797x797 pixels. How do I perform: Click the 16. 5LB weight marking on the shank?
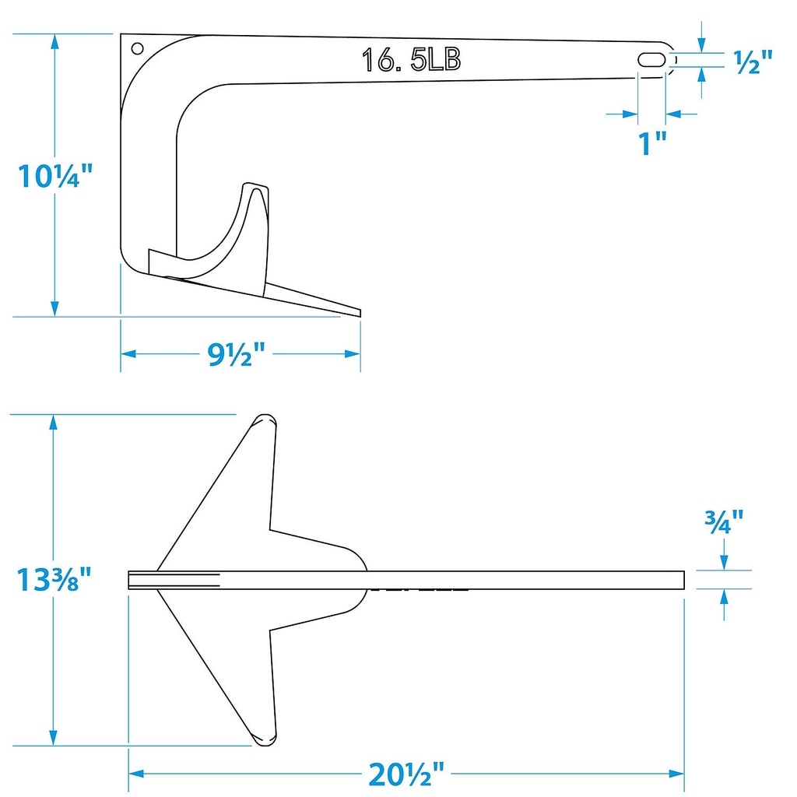point(411,60)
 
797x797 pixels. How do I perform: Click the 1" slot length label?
point(651,143)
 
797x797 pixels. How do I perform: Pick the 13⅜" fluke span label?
point(54,580)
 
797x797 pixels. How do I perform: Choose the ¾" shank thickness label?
point(725,519)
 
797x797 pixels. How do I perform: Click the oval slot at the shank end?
point(652,60)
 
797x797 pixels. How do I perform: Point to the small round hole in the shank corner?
point(137,48)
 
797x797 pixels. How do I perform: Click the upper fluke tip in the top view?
point(265,420)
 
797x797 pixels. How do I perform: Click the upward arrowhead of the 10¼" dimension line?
point(55,40)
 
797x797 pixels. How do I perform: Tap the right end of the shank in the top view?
point(683,580)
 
